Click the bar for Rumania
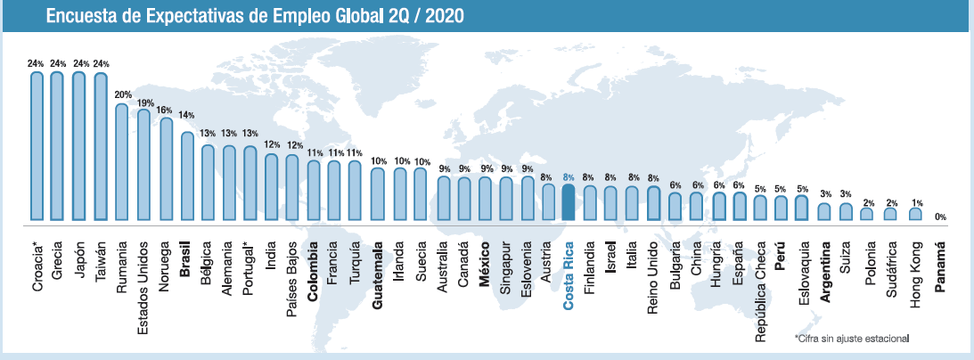[x=122, y=161]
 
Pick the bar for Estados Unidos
[x=143, y=165]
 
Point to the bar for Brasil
[x=186, y=176]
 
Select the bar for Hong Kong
[x=916, y=214]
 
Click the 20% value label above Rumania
[x=122, y=95]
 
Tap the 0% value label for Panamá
[x=940, y=217]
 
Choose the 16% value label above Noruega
[x=165, y=109]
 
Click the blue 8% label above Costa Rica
[x=569, y=177]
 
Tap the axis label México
[x=485, y=259]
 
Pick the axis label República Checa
[x=761, y=285]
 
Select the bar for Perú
[x=782, y=208]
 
